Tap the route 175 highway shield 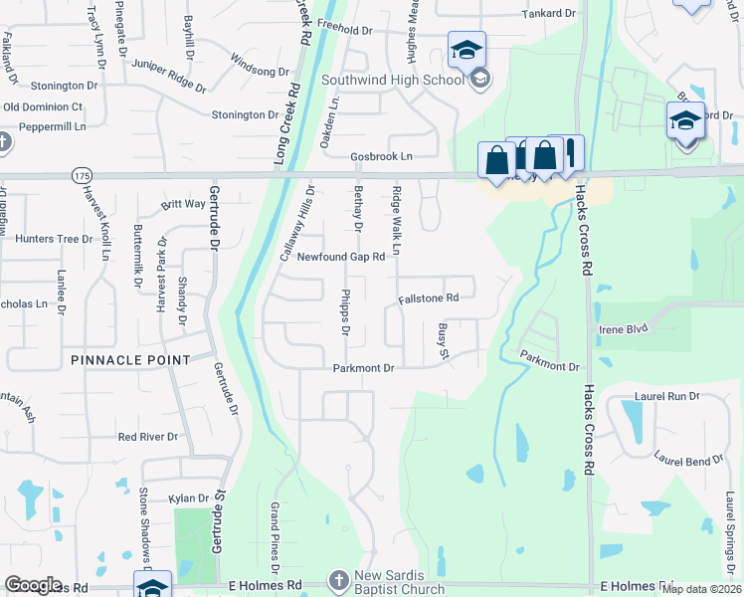[x=81, y=175]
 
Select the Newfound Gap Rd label [x=337, y=256]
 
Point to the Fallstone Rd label [x=429, y=298]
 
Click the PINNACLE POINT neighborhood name [x=130, y=359]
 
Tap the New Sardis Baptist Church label [x=401, y=583]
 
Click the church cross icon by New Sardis [x=338, y=580]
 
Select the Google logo [x=33, y=585]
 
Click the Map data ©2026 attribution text [x=703, y=589]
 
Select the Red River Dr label [x=147, y=437]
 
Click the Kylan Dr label [x=188, y=497]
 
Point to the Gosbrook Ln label [x=381, y=157]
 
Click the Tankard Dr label [x=550, y=14]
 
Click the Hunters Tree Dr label [x=54, y=239]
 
